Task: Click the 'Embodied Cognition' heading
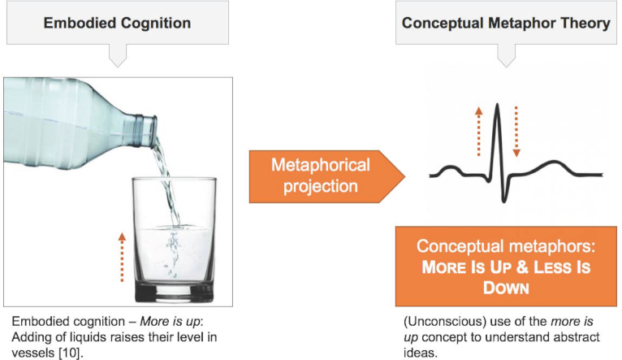click(117, 23)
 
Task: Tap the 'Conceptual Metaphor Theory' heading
click(506, 23)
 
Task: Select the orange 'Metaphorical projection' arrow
click(327, 176)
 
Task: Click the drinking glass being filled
click(175, 240)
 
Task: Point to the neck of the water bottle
click(145, 130)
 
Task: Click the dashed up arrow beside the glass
click(122, 257)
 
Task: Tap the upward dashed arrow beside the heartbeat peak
click(479, 131)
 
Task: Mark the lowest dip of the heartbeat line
click(504, 201)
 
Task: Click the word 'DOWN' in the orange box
click(506, 288)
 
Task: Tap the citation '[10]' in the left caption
click(71, 353)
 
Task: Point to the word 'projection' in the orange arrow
click(321, 187)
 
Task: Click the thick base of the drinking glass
click(175, 292)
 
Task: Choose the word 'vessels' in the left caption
click(33, 353)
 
